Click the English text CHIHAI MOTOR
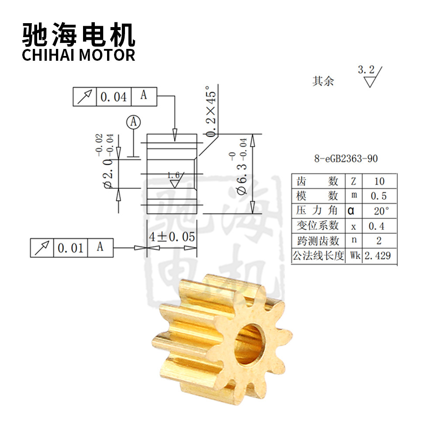(78, 55)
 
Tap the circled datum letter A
(133, 122)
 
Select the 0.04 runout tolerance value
(114, 97)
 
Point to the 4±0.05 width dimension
(172, 237)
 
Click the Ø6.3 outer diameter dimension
(241, 166)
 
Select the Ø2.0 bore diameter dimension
(106, 161)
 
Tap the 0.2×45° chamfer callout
(211, 111)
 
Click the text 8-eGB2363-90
(346, 159)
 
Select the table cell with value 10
(379, 181)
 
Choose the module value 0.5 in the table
(379, 196)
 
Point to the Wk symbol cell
(354, 256)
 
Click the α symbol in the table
(351, 211)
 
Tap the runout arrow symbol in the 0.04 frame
(85, 97)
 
